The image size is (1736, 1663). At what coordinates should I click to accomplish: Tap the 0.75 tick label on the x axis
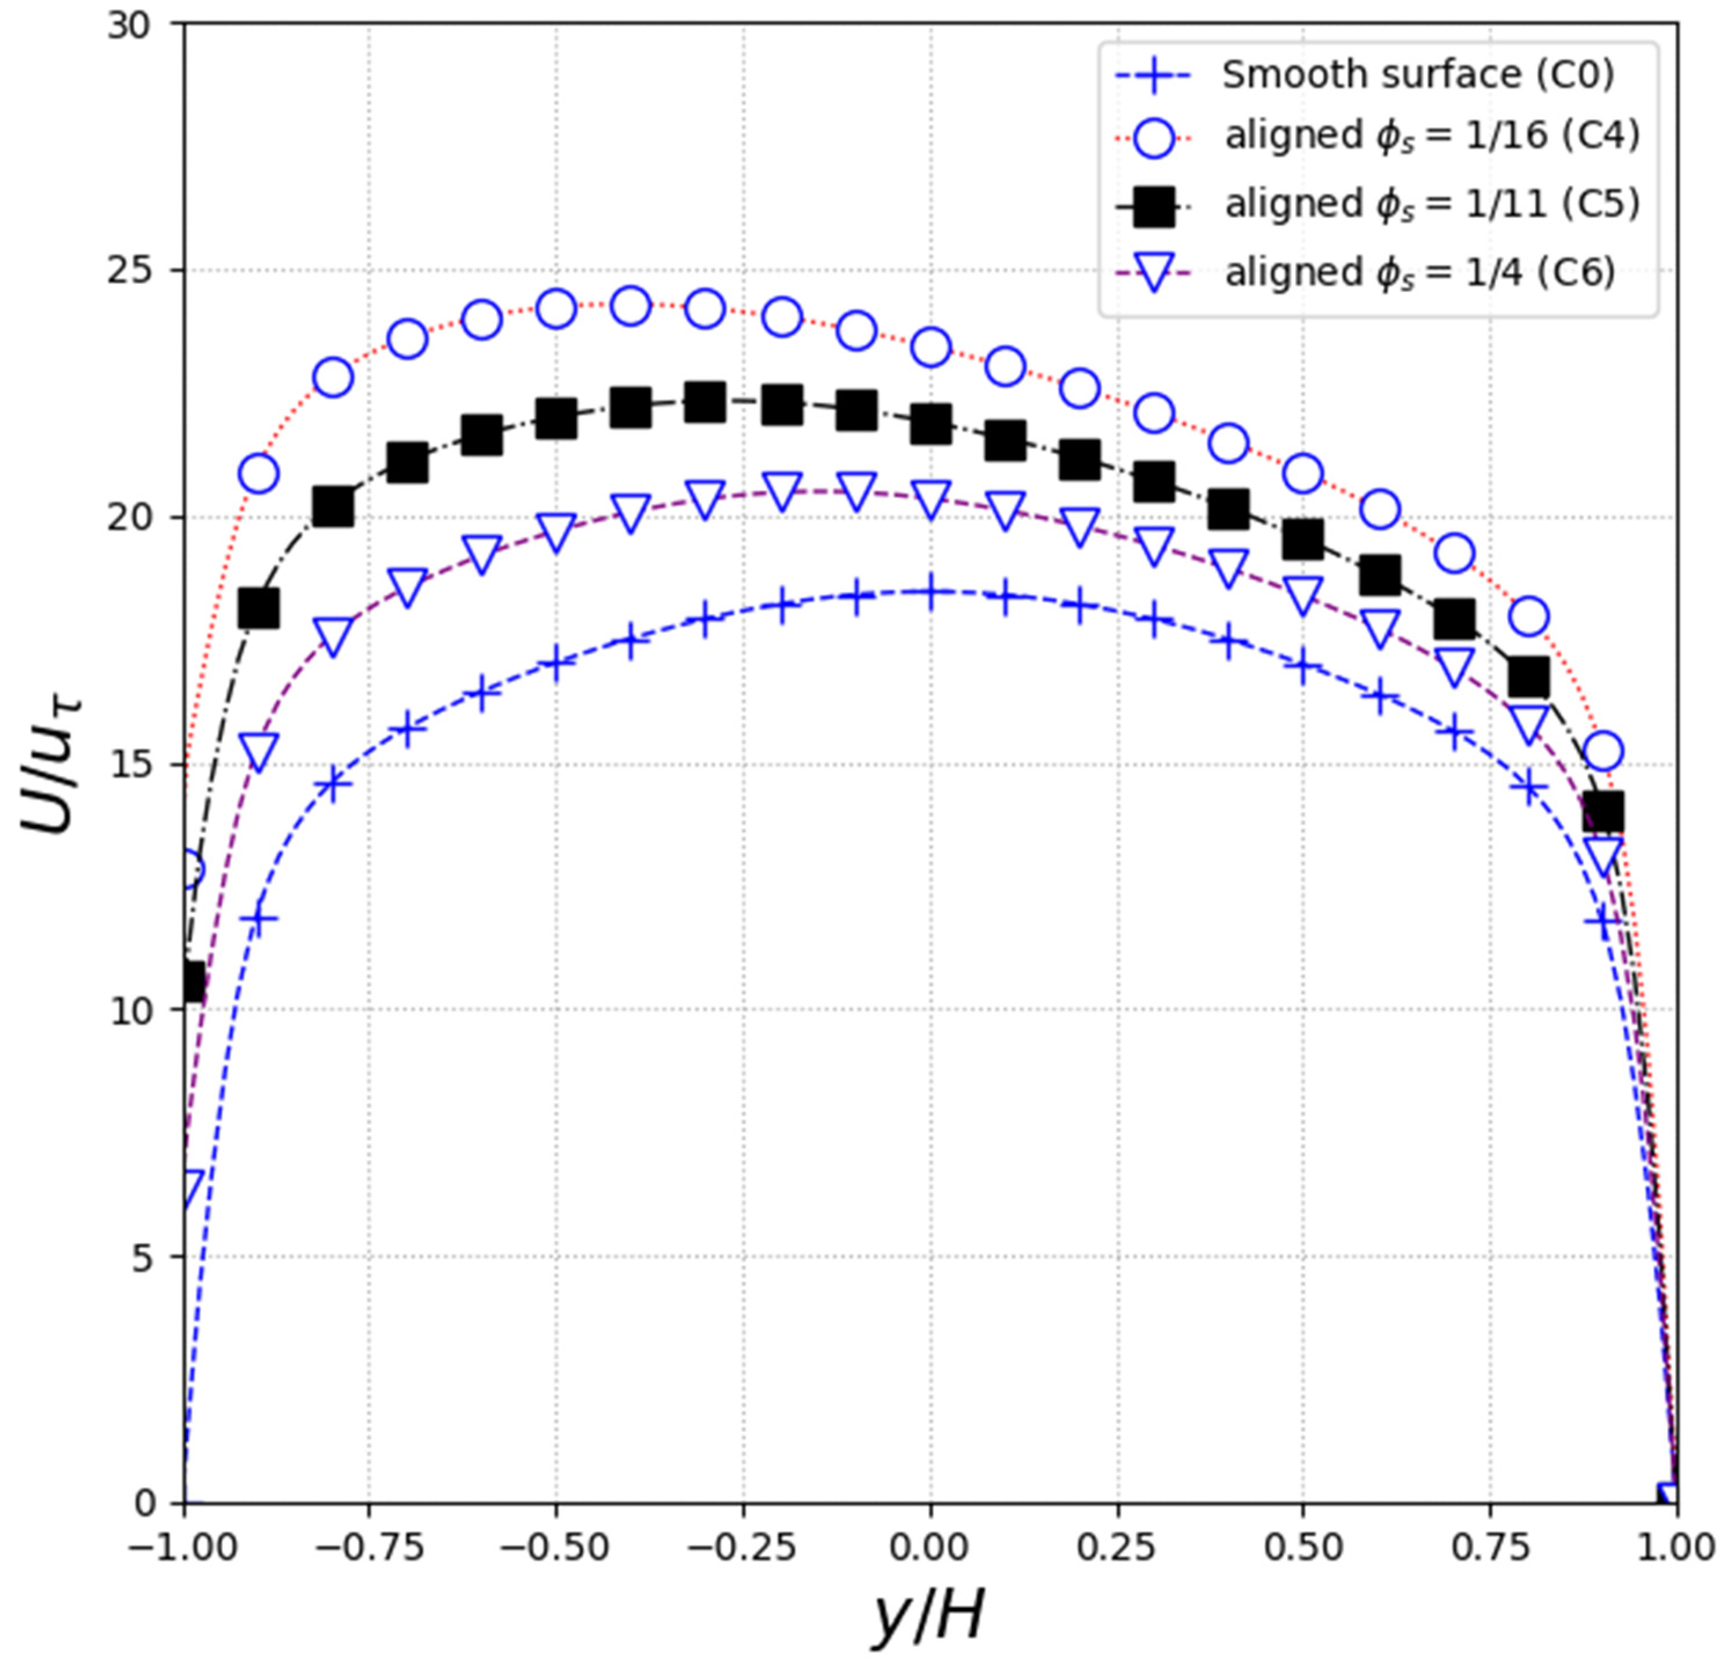point(1490,1546)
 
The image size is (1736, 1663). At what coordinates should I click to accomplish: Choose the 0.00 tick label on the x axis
point(930,1546)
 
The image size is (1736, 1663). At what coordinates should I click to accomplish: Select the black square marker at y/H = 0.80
point(1529,677)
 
